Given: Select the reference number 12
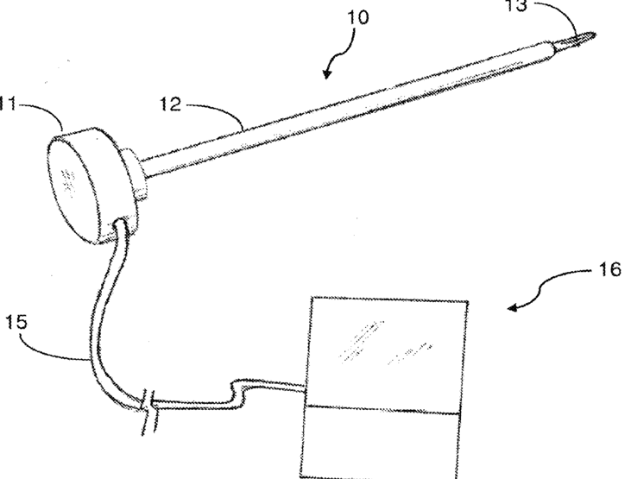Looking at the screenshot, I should pyautogui.click(x=172, y=106).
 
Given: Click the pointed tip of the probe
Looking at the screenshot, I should pyautogui.click(x=596, y=35).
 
